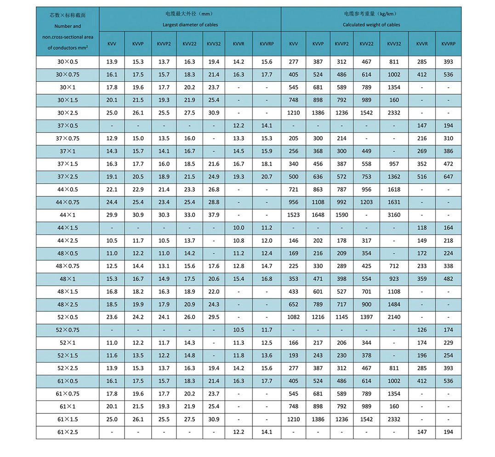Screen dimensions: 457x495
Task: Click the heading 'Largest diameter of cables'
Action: pos(190,25)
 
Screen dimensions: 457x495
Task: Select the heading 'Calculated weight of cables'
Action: pos(371,25)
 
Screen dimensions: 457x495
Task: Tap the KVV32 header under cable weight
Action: pos(394,44)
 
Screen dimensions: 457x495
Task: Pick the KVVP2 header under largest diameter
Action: pos(164,44)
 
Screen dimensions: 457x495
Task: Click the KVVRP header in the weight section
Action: pos(448,44)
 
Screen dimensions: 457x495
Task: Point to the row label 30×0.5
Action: pos(68,62)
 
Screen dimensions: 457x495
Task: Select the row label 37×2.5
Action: pos(68,177)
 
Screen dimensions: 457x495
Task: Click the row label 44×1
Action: pos(68,215)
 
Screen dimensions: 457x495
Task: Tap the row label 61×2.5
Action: pos(68,432)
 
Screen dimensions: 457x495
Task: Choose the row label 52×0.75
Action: pos(68,330)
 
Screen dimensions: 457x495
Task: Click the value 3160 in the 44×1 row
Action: pos(394,215)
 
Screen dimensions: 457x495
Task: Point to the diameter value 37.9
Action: pos(213,215)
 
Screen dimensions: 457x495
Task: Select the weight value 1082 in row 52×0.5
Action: pos(294,317)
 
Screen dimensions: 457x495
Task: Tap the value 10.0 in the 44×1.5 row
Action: pos(239,228)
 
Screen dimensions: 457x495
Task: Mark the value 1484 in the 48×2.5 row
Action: pos(394,304)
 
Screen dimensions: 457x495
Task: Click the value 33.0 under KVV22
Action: pos(189,215)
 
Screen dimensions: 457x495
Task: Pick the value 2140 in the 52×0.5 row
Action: pos(394,317)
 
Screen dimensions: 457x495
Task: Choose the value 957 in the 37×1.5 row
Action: pos(394,164)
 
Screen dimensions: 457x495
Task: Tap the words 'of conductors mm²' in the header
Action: pos(68,48)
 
